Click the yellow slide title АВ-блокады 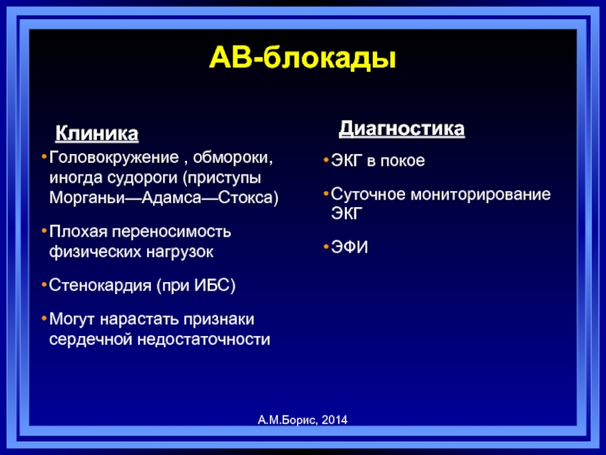[x=302, y=58]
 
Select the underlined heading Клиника [x=97, y=133]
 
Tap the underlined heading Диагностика [x=401, y=129]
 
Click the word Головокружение [x=114, y=158]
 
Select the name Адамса [x=172, y=198]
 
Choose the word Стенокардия [x=100, y=286]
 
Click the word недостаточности [x=204, y=339]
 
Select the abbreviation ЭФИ [x=349, y=247]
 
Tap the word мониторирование [x=480, y=195]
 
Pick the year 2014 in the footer [x=334, y=420]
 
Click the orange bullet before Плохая [x=44, y=231]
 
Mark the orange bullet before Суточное [x=326, y=193]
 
